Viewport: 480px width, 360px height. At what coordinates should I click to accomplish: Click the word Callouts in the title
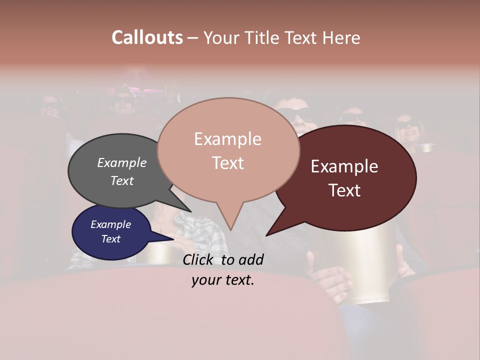147,37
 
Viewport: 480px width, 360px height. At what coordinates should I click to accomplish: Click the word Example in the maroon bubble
344,166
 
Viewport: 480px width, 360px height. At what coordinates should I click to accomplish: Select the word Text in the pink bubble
228,163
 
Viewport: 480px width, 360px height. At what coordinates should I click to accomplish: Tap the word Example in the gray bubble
121,163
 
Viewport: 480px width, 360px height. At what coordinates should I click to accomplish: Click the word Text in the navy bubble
111,239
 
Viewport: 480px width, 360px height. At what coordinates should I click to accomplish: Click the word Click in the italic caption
198,259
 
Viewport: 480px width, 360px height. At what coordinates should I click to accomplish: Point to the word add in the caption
250,259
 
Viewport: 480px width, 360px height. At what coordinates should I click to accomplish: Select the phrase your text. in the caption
222,280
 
